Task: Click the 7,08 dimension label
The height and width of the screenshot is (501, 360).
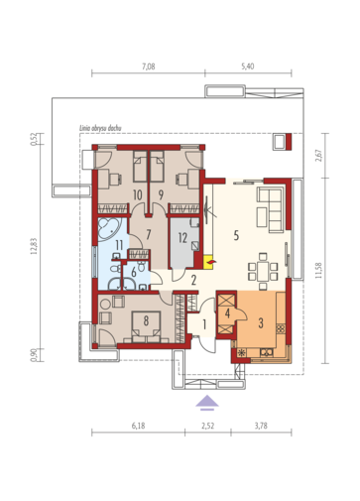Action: (x=149, y=66)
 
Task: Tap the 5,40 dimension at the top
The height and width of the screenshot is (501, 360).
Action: (x=248, y=66)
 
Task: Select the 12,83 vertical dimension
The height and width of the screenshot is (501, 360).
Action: (x=34, y=246)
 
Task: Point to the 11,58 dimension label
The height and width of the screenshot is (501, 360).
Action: (x=318, y=271)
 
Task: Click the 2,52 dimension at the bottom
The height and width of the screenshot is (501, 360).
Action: (x=207, y=426)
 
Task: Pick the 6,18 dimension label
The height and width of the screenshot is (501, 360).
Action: (x=138, y=426)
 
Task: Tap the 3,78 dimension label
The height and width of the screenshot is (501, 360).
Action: (x=261, y=426)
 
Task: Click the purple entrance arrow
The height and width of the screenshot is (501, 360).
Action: (x=207, y=403)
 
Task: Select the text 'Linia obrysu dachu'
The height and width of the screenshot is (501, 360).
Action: (x=100, y=128)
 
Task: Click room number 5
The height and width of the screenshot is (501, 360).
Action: (x=236, y=235)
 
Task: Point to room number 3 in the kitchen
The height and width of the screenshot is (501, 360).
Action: (x=261, y=323)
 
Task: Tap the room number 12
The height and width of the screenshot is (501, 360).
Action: (x=182, y=237)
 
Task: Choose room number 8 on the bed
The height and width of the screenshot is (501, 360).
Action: (x=146, y=320)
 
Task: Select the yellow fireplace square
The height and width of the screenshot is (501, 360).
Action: (x=209, y=263)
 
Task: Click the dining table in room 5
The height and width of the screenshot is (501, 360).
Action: (x=263, y=267)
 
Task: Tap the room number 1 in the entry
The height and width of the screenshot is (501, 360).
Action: (x=204, y=324)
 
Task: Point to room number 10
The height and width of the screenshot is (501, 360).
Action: (x=138, y=194)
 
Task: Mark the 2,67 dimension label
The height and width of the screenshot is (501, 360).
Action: (x=318, y=156)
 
